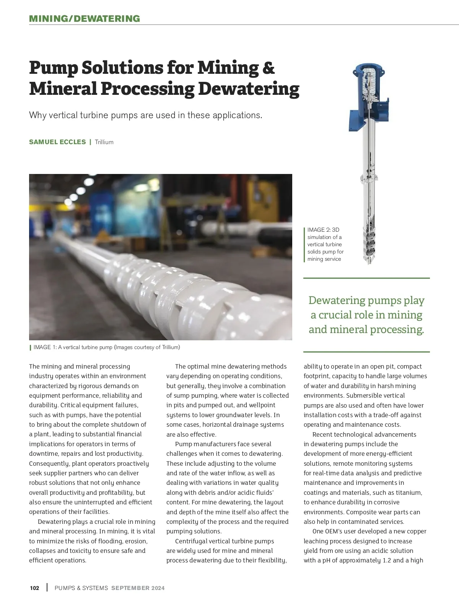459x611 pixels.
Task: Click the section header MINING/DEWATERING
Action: [85, 18]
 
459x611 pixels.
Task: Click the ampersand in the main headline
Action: [269, 68]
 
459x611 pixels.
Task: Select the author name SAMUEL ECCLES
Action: [57, 142]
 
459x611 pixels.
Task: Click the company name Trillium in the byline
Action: [104, 142]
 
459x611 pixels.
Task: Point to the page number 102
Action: [34, 588]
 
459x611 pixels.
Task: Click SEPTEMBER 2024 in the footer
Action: [138, 588]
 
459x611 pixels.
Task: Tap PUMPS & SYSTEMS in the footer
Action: [81, 588]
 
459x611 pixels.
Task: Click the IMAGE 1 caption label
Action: [45, 347]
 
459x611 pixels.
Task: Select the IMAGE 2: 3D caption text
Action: [323, 230]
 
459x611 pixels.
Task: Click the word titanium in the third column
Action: [409, 492]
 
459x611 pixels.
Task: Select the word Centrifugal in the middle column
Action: [192, 541]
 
